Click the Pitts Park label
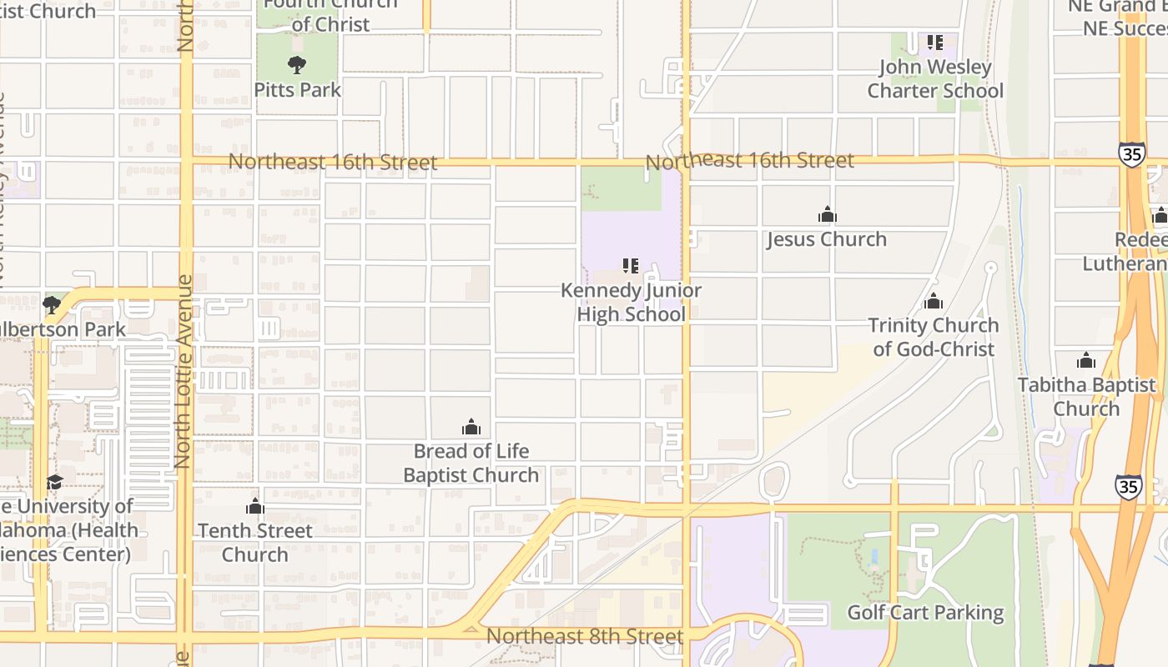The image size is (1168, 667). pos(297,89)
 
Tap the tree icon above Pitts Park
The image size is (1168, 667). pos(296,64)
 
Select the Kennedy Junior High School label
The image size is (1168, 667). pos(631,303)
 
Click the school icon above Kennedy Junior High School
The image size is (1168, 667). pos(631,266)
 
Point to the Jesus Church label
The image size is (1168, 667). pos(827,239)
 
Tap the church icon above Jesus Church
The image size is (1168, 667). pos(827,214)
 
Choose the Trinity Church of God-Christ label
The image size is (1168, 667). pos(934,337)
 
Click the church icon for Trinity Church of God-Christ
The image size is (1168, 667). pos(933,300)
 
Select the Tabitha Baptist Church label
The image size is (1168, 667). pos(1086,397)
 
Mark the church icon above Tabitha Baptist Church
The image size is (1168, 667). pos(1086,360)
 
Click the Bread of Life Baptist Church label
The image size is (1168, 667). pos(471,463)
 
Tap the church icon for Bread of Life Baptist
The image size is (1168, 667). pos(471,427)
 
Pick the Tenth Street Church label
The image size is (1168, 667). pos(255,542)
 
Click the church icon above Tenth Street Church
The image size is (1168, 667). pos(255,506)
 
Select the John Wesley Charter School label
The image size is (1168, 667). pos(935,78)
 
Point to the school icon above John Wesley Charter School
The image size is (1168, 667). pos(935,42)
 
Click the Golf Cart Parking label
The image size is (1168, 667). pos(925,613)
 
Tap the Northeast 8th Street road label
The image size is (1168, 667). pos(585,636)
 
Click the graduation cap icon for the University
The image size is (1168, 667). pos(55,482)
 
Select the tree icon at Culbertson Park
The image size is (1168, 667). pos(52,304)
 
